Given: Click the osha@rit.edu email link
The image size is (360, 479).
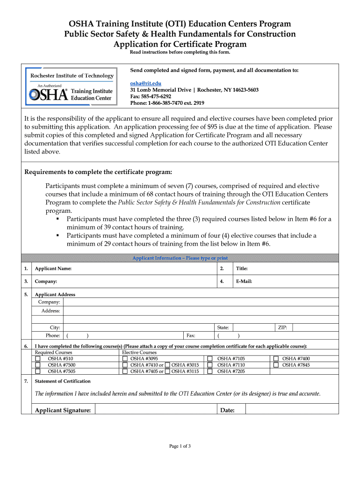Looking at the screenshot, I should [x=145, y=83].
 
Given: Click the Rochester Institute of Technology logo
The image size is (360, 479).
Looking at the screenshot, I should [x=72, y=87].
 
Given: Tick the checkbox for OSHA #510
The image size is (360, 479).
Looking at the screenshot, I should [x=38, y=359].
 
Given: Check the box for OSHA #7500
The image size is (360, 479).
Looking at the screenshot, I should [x=38, y=365].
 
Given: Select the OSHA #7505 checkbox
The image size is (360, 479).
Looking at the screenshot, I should [x=38, y=371].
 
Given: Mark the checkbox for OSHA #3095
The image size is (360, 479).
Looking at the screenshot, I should [x=125, y=359].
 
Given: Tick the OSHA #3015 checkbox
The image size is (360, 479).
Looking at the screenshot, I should [x=167, y=365].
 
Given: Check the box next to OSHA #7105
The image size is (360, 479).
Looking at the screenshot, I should [x=210, y=359].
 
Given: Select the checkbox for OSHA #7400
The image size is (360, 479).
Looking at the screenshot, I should [x=276, y=359].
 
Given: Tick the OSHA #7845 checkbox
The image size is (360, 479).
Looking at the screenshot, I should [x=276, y=365].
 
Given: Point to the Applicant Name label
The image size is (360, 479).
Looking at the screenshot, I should [x=53, y=269].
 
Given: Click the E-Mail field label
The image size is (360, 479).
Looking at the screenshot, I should [x=244, y=282].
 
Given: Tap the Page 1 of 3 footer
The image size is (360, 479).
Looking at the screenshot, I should [x=180, y=446].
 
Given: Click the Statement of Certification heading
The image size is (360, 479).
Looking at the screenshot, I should [x=63, y=381].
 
